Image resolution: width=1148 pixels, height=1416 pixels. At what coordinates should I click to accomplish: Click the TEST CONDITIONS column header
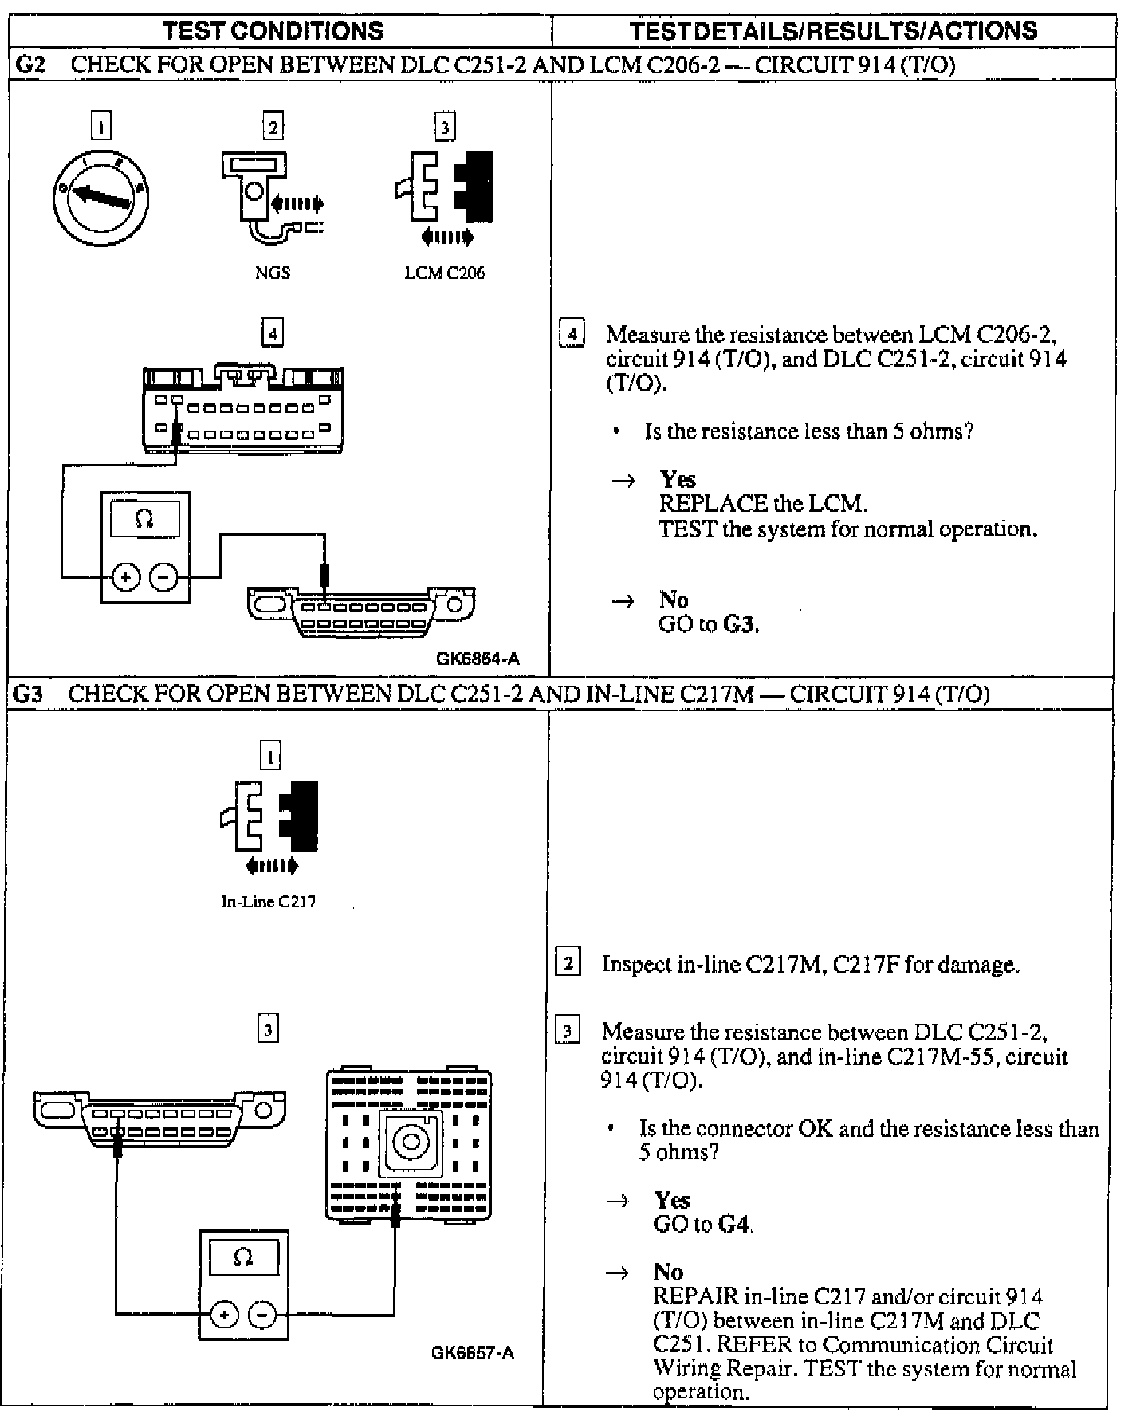[273, 31]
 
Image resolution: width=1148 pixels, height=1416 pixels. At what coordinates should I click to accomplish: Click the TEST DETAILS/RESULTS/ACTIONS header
[833, 31]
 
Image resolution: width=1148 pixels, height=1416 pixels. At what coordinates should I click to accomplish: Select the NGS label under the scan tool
[272, 273]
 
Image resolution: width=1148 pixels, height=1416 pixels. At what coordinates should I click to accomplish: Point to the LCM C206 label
[444, 273]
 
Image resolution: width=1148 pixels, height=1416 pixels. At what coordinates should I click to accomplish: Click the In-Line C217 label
[269, 902]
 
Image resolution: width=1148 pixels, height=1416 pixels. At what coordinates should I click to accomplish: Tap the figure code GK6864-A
[478, 659]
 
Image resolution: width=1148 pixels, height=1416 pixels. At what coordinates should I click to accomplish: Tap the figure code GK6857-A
[473, 1353]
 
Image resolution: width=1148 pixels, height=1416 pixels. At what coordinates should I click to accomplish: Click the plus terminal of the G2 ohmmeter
[125, 576]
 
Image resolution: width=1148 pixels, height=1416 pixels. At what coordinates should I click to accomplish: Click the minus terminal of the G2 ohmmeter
[163, 576]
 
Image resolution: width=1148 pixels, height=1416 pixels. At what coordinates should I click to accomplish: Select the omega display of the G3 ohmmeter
[243, 1258]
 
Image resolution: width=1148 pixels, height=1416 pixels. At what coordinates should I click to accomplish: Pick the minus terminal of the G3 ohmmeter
[263, 1314]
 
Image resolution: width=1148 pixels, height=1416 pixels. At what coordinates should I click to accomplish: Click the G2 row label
[29, 65]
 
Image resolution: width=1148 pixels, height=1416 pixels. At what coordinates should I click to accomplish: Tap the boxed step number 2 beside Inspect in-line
[568, 963]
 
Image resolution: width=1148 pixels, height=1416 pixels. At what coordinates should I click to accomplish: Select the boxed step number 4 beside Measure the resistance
[572, 333]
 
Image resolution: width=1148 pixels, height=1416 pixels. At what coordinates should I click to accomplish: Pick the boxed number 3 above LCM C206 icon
[444, 127]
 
